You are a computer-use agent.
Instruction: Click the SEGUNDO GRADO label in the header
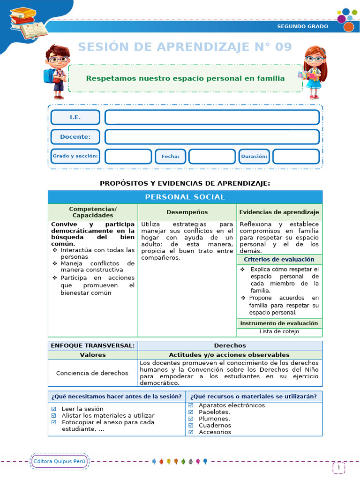tap(303, 26)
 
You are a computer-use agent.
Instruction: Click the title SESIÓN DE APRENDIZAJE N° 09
tap(185, 47)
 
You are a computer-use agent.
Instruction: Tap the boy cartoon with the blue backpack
tap(56, 71)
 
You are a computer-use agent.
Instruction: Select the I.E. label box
tap(75, 117)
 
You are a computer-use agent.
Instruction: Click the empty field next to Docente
tap(212, 137)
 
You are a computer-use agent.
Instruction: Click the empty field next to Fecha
tap(212, 157)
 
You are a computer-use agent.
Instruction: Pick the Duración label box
tap(254, 157)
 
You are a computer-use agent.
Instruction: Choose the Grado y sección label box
tap(75, 156)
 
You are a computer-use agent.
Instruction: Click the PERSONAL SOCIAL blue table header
tap(185, 197)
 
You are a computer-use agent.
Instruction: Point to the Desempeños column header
tap(187, 212)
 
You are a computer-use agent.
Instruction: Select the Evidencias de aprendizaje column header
tap(279, 212)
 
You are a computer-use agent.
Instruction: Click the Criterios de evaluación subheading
tap(279, 259)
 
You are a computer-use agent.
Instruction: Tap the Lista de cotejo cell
tap(279, 331)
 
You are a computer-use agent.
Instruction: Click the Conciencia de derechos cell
tap(92, 373)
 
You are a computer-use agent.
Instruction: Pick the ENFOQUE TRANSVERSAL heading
tap(92, 345)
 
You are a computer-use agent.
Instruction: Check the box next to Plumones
tap(191, 419)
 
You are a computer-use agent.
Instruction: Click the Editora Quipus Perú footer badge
tap(60, 462)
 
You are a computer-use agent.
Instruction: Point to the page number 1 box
tap(339, 467)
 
